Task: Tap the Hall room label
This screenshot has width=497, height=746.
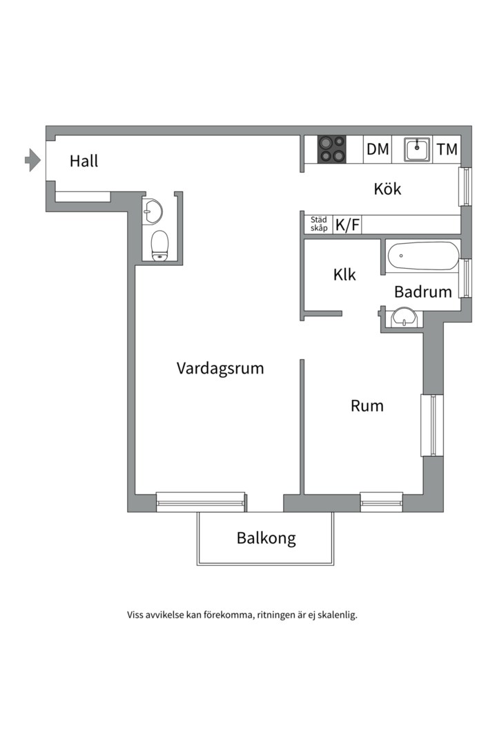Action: pyautogui.click(x=84, y=162)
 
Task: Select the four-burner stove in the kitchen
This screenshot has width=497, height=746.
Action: pyautogui.click(x=331, y=149)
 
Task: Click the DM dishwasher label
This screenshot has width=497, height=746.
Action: pyautogui.click(x=378, y=149)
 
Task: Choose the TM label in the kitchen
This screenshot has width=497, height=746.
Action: pyautogui.click(x=447, y=149)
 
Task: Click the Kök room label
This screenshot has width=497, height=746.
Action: pyautogui.click(x=387, y=189)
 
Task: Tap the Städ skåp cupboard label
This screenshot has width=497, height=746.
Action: pyautogui.click(x=318, y=224)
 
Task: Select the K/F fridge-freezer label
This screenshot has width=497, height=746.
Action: pyautogui.click(x=347, y=224)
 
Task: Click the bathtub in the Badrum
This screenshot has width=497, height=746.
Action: pyautogui.click(x=422, y=256)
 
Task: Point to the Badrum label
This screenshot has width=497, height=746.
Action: pyautogui.click(x=422, y=292)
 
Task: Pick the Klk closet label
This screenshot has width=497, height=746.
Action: pyautogui.click(x=344, y=275)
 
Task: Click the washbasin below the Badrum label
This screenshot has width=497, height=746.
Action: pyautogui.click(x=403, y=318)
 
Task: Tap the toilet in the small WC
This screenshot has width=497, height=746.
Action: pyautogui.click(x=160, y=245)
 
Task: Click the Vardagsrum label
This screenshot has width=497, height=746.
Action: pyautogui.click(x=220, y=368)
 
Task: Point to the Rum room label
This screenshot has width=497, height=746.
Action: pyautogui.click(x=367, y=406)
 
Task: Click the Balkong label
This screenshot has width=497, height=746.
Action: pyautogui.click(x=266, y=538)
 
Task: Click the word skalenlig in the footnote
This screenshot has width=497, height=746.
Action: pyautogui.click(x=335, y=615)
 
